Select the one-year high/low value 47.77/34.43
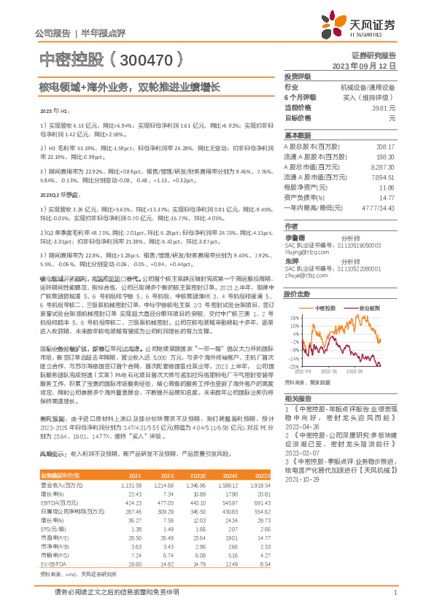(x=379, y=207)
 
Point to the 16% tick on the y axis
(x=293, y=317)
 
